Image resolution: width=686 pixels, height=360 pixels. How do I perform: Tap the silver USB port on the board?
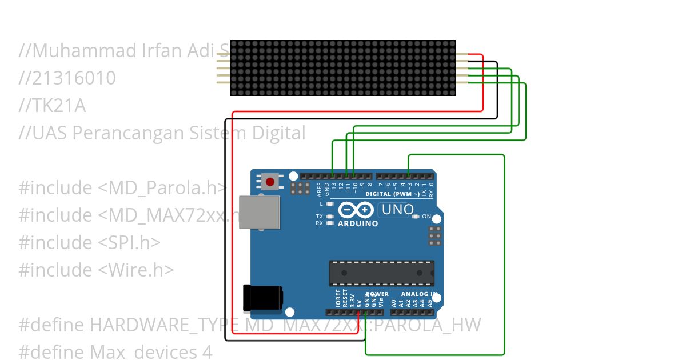click(x=259, y=213)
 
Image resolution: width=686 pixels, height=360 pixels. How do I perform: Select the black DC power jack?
click(x=262, y=298)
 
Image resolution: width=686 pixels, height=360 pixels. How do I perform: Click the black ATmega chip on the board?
click(x=381, y=273)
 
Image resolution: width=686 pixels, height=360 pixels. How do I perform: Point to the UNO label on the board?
click(x=397, y=210)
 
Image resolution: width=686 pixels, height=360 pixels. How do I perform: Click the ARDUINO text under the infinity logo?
click(x=358, y=223)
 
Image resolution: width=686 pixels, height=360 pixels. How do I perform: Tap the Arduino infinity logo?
click(x=357, y=210)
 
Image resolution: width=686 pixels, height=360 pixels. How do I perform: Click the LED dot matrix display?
click(x=343, y=67)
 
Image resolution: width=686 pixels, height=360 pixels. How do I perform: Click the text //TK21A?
click(x=52, y=106)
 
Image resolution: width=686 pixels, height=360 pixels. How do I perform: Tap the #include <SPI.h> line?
click(x=89, y=243)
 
